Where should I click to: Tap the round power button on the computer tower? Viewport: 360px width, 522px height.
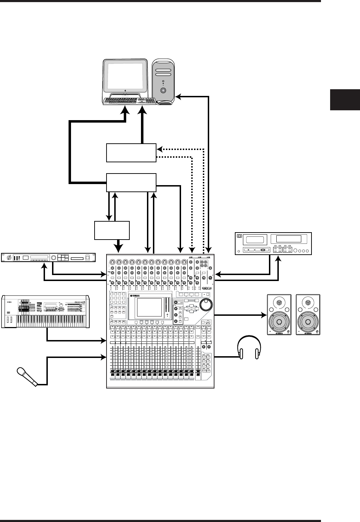[x=163, y=90]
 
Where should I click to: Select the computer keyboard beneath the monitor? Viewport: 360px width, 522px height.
[x=130, y=101]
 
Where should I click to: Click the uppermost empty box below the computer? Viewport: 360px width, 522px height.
[x=131, y=152]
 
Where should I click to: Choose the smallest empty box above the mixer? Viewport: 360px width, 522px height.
[x=112, y=230]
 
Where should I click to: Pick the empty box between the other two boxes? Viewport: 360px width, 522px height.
[x=131, y=182]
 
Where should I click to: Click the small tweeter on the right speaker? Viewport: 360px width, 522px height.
[x=308, y=302]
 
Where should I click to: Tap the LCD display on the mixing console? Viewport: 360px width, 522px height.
[x=150, y=307]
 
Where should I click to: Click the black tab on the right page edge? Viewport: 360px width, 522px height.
[x=345, y=100]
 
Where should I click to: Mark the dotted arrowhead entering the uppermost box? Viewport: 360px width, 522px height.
[x=159, y=149]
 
